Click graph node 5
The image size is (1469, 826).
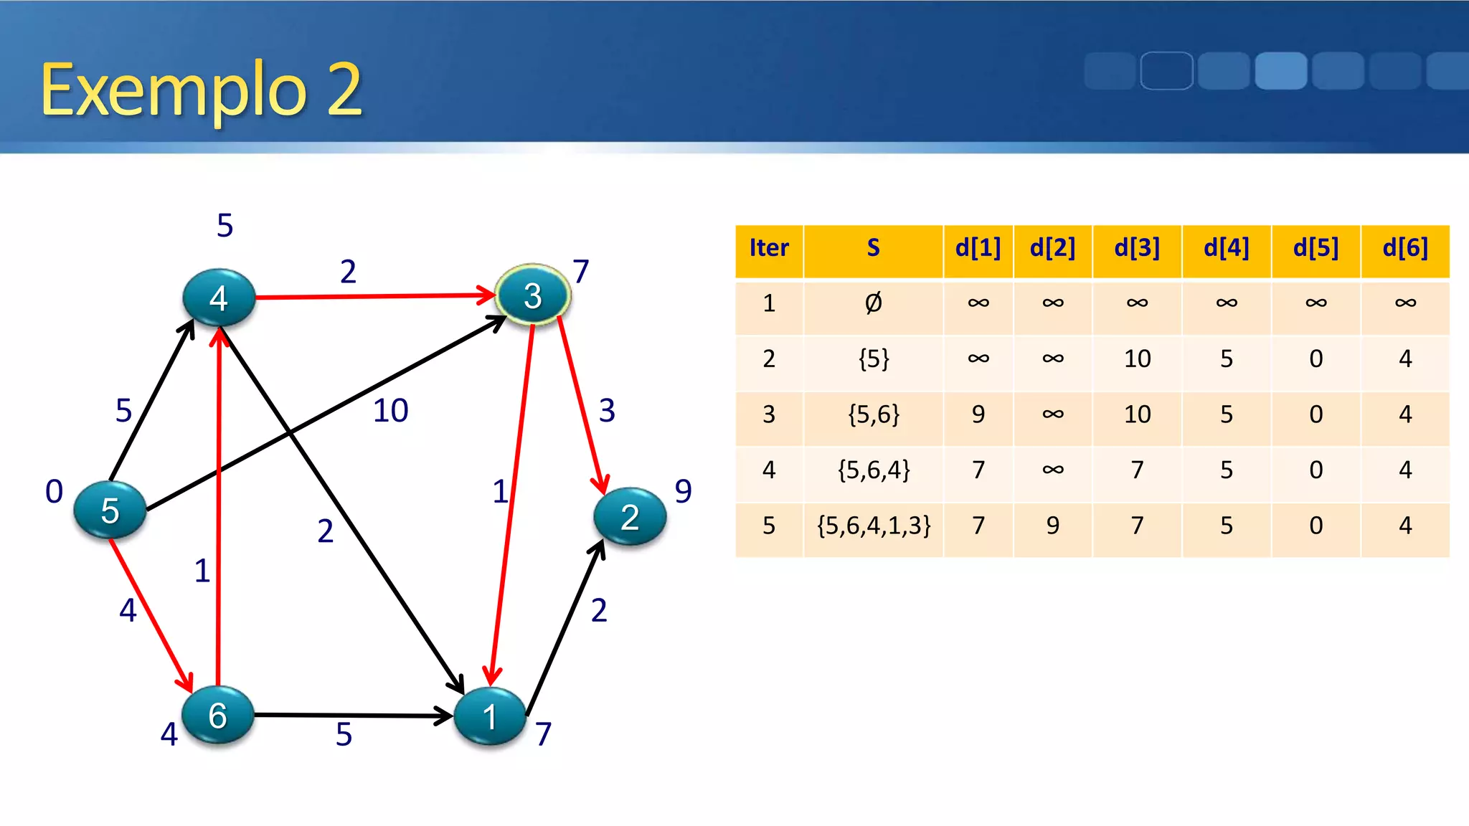[110, 511]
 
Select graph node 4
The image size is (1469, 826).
[219, 298]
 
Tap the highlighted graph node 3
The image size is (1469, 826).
[532, 295]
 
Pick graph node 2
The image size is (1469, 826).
[630, 517]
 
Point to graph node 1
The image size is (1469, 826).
[490, 716]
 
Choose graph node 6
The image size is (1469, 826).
[217, 715]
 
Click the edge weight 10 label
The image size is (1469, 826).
[391, 411]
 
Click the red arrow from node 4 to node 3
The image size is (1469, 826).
[373, 295]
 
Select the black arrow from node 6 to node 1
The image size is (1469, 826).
[351, 715]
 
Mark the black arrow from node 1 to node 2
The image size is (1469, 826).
[565, 627]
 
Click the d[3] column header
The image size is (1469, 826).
[1137, 248]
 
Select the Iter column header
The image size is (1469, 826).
[769, 248]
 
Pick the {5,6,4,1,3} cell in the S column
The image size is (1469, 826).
[874, 526]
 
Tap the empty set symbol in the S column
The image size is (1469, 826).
[873, 303]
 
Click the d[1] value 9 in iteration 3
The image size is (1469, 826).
[978, 414]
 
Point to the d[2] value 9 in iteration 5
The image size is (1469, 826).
[1052, 526]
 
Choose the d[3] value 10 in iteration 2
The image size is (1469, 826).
[1137, 359]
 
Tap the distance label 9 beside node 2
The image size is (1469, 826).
[683, 491]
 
